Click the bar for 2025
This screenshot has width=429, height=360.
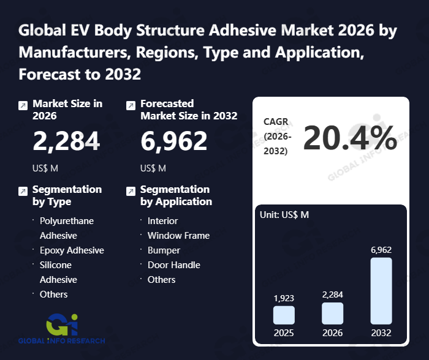click(x=284, y=315)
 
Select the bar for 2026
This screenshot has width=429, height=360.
click(x=332, y=313)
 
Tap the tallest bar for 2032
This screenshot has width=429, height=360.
click(x=381, y=290)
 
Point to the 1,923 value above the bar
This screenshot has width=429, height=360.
click(x=284, y=298)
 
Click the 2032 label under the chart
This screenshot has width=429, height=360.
click(x=381, y=334)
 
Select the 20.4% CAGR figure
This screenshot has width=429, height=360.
click(x=350, y=138)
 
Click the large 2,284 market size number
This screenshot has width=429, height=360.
click(x=66, y=142)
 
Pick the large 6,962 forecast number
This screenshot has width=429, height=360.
click(x=174, y=142)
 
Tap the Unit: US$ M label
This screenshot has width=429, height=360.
click(x=285, y=215)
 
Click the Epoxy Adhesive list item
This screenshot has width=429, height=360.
click(x=72, y=250)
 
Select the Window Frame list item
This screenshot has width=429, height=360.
click(x=178, y=235)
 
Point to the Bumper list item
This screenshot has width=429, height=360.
click(x=164, y=250)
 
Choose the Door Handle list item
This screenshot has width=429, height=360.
click(x=173, y=264)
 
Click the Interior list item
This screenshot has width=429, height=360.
click(x=162, y=220)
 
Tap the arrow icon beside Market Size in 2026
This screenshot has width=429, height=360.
click(x=23, y=105)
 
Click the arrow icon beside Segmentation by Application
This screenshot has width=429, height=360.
click(x=130, y=191)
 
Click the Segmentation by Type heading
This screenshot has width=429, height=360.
click(x=67, y=195)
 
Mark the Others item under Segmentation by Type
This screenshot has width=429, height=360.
click(x=53, y=294)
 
